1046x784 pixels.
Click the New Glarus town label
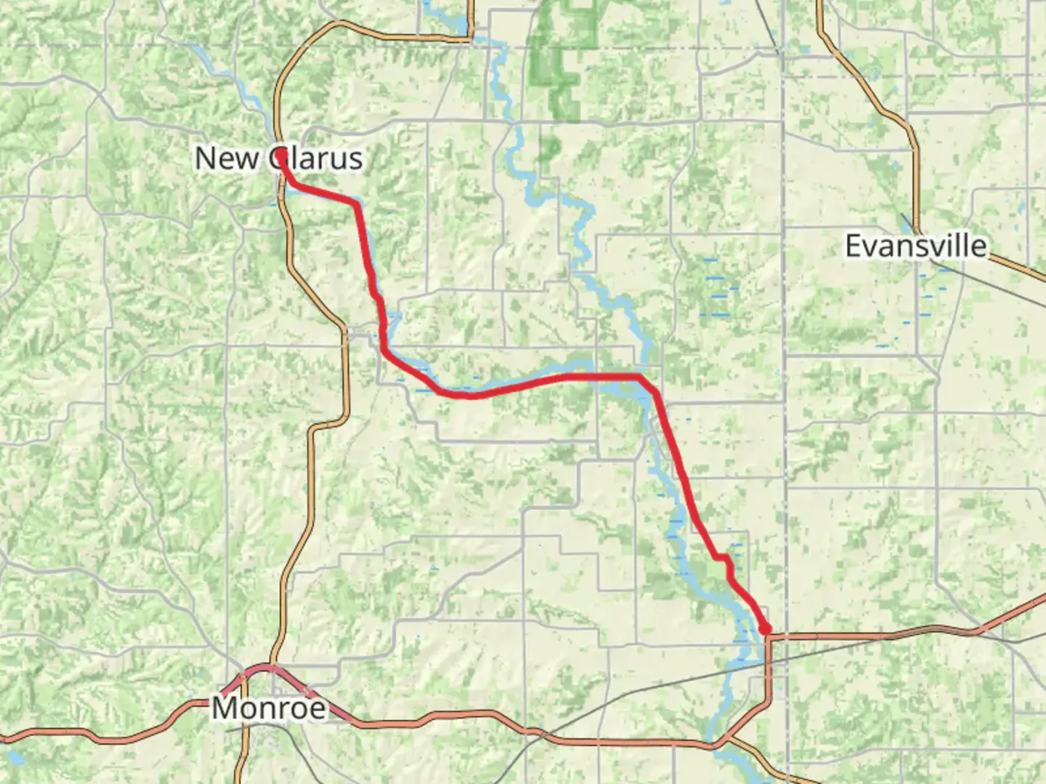click(x=279, y=158)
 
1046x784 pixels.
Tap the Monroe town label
click(x=269, y=708)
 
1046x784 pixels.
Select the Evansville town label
click(x=916, y=246)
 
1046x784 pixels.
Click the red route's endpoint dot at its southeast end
click(x=765, y=629)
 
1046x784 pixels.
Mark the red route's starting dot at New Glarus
click(x=280, y=154)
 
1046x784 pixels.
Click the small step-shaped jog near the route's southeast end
click(x=723, y=558)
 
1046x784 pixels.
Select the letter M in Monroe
click(x=225, y=708)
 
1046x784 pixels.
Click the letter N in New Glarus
click(x=206, y=158)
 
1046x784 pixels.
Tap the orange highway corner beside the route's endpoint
click(x=769, y=637)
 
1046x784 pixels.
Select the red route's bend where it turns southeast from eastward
click(x=639, y=377)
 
